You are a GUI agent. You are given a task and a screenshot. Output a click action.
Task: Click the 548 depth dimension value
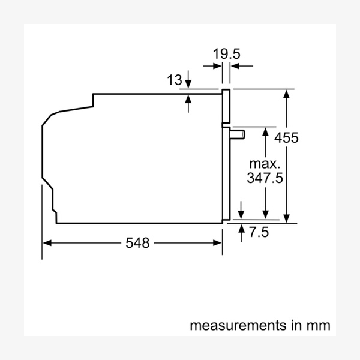(x=138, y=243)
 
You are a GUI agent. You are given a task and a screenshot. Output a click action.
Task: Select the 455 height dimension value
(x=286, y=137)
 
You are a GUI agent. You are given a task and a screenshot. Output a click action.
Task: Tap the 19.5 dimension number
(x=227, y=53)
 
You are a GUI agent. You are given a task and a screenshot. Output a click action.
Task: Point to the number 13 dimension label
(x=173, y=79)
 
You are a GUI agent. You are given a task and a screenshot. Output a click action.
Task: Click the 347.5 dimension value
(x=265, y=178)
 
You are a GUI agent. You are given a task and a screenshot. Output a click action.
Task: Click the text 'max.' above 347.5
(x=265, y=163)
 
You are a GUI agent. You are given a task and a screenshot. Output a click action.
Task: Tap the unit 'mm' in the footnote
(x=317, y=326)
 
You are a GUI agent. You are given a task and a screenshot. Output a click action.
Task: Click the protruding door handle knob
(x=239, y=133)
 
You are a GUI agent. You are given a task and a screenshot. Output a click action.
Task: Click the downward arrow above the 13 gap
(x=188, y=83)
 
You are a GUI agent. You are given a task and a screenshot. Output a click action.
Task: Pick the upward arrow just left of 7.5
(x=241, y=230)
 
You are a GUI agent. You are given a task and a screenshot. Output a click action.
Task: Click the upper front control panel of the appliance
(x=226, y=108)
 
